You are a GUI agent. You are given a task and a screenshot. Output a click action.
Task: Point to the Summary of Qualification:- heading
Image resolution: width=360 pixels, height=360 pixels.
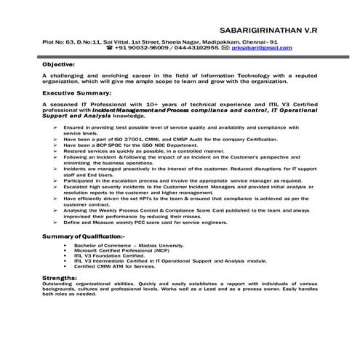click(83, 236)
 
